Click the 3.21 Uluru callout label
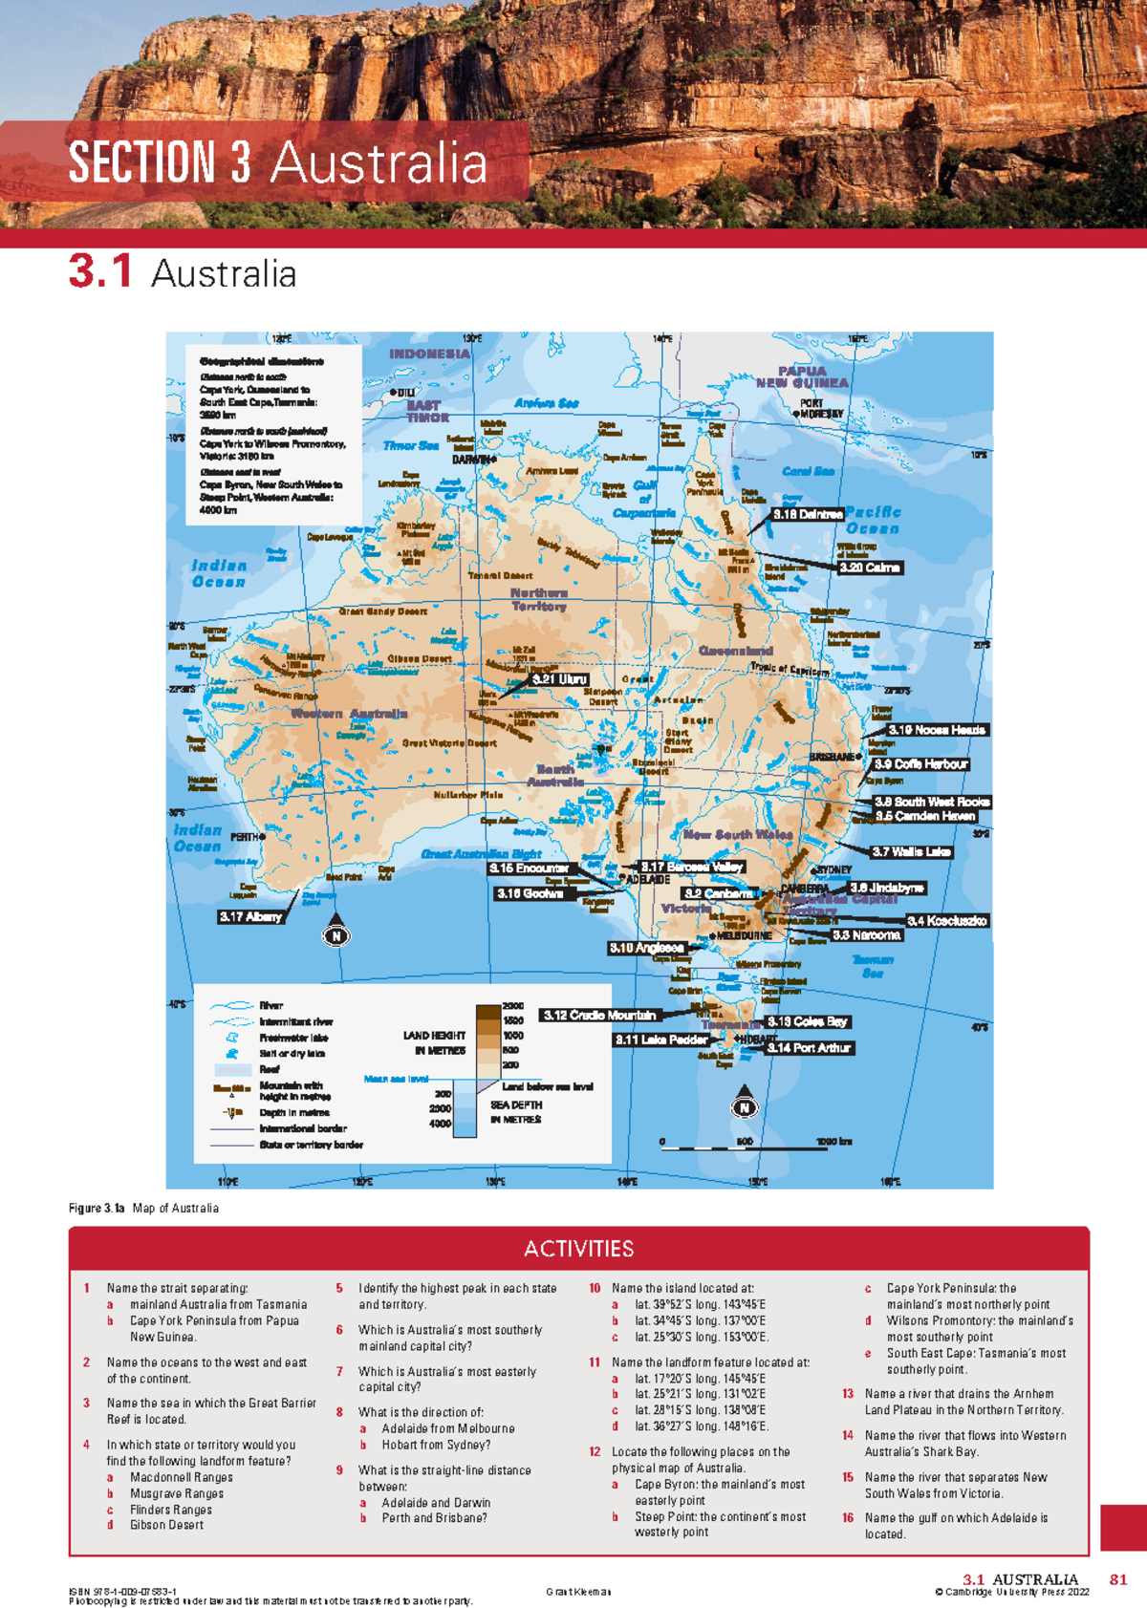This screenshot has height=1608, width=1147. (x=560, y=679)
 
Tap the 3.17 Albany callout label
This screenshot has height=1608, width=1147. (x=251, y=916)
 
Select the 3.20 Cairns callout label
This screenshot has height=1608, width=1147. (x=869, y=568)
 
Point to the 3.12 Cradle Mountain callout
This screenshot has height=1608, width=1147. (x=599, y=1015)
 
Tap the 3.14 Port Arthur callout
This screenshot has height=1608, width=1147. (x=809, y=1048)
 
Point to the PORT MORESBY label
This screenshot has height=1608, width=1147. (x=820, y=409)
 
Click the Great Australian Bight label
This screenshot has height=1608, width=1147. (x=481, y=854)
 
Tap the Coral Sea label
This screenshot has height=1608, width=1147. (x=809, y=471)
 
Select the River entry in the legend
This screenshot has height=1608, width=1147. (x=271, y=1005)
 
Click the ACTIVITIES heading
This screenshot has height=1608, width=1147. (x=578, y=1249)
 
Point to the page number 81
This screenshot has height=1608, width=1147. (x=1117, y=1579)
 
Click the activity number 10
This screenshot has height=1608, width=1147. (x=595, y=1288)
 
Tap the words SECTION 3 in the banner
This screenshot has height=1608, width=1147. (x=160, y=162)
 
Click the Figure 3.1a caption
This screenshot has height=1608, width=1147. (x=143, y=1208)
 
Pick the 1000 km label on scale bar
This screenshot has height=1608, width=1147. (x=833, y=1142)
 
